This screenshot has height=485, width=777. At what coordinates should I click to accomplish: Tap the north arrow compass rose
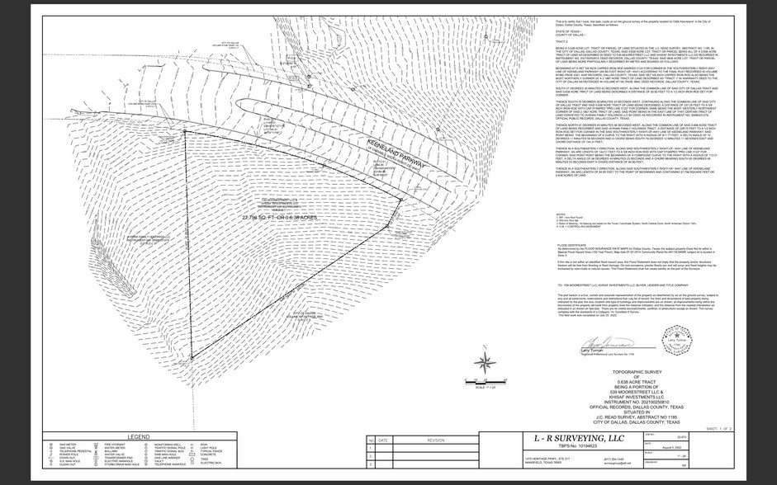coord(485,360)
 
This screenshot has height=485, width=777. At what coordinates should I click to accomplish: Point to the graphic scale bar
coord(483,381)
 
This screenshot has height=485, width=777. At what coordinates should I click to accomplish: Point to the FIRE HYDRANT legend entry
coord(96,445)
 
